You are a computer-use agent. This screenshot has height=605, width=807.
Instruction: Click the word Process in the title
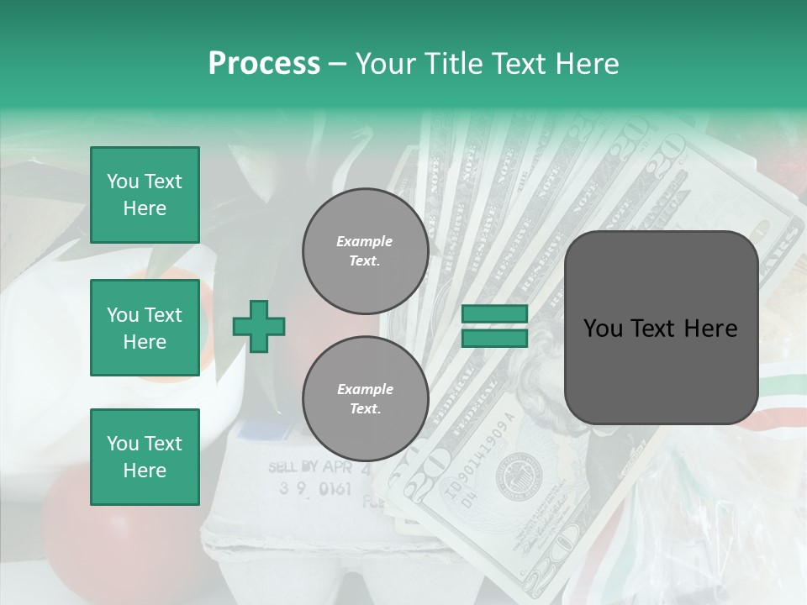point(264,64)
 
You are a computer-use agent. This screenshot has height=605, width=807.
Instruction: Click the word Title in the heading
point(455,64)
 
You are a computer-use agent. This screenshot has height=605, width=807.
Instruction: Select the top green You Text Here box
point(145,195)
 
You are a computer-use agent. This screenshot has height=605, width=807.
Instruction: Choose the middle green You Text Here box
point(145,328)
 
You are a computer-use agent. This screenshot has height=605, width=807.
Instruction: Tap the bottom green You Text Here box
point(145,456)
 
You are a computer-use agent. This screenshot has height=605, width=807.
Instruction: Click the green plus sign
point(259,326)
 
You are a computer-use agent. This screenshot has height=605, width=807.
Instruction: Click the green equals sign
point(495,326)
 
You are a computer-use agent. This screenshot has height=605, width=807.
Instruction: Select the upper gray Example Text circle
point(365,250)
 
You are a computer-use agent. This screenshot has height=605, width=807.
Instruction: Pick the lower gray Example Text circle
point(365,398)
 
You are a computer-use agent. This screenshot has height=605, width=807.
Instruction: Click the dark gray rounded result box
point(661,328)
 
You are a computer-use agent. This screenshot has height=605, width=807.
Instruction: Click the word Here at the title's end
point(586,64)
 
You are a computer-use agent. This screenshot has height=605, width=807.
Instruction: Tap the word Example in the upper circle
point(365,241)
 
